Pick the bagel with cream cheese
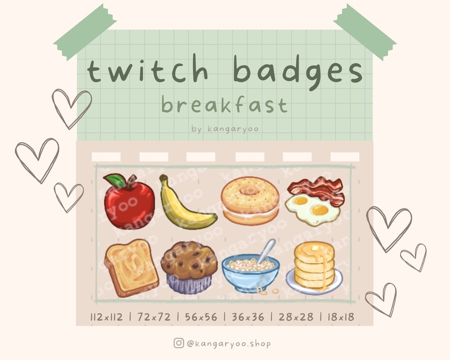pos(250,200)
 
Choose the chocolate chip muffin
pos(189,267)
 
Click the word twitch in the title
pos(147,72)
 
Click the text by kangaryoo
pos(225,129)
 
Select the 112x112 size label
pos(107,317)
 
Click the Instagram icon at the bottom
pos(179,343)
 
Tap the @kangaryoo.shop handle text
pos(229,343)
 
